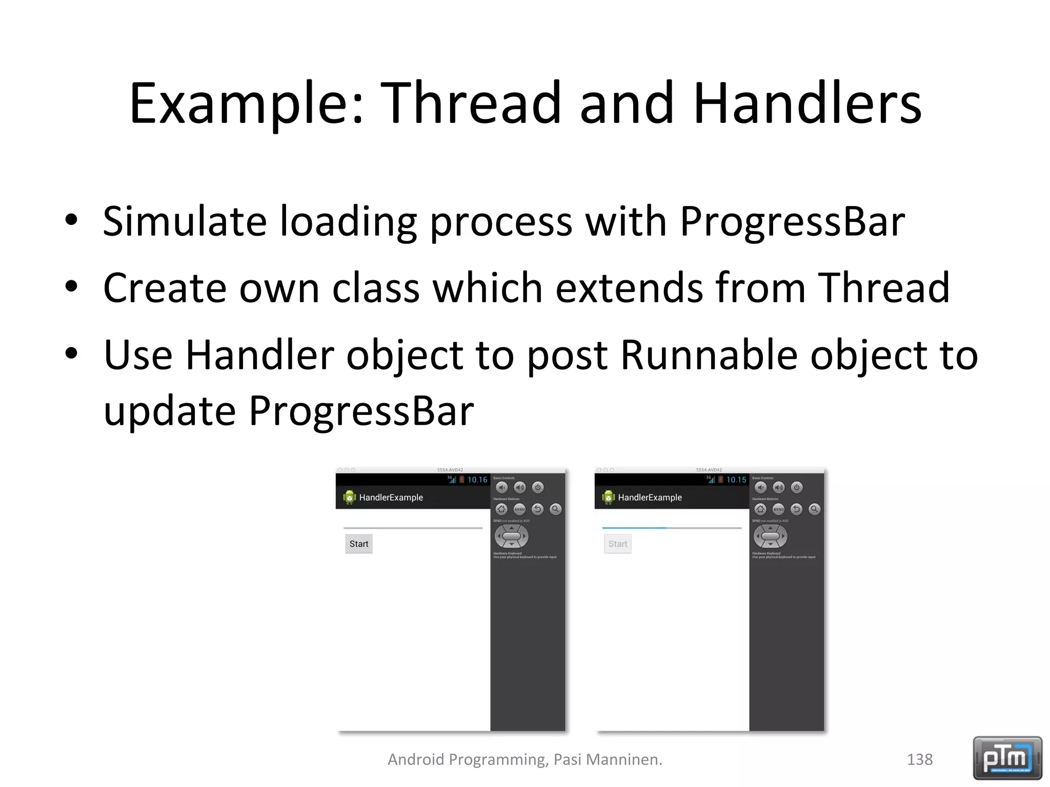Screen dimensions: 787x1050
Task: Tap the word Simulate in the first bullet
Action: pos(185,221)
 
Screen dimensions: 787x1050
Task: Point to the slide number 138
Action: pos(919,759)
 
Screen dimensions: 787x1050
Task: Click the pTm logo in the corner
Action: pos(1007,758)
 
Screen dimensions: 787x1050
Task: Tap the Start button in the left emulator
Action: pos(358,544)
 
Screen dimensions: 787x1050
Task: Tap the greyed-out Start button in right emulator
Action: pos(617,544)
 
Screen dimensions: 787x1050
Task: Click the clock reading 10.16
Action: pos(477,480)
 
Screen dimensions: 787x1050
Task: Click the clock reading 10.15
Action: pos(736,480)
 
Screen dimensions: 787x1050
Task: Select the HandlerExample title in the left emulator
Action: pos(391,498)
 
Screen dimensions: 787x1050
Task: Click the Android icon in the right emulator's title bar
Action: pos(608,497)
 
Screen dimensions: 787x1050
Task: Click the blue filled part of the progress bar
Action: pos(634,527)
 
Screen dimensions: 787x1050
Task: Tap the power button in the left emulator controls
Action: pos(537,487)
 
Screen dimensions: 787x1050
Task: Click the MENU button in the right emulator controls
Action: pos(778,509)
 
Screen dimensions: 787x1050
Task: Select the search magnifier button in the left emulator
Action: pos(555,509)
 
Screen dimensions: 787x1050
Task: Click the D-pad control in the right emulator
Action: pos(770,536)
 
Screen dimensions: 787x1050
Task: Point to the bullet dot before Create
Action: pos(71,286)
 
